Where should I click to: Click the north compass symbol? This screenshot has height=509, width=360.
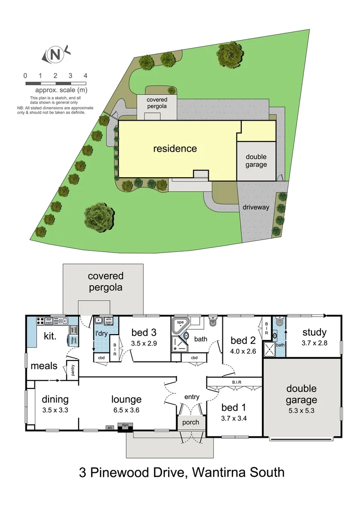pos(56,55)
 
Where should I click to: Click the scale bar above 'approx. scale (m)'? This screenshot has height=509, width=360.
pos(55,83)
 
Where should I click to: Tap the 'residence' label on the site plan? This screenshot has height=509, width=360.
pos(175,149)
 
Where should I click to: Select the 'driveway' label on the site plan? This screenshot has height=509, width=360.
pos(256,207)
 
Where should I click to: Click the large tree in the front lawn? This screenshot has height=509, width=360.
pos(99,217)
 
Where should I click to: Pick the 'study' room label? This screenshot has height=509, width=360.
pos(314,333)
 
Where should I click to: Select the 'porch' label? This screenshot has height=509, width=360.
pos(191,422)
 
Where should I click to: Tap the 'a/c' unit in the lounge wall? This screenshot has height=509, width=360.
pos(110,428)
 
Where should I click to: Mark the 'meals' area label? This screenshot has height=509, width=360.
pos(43,366)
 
